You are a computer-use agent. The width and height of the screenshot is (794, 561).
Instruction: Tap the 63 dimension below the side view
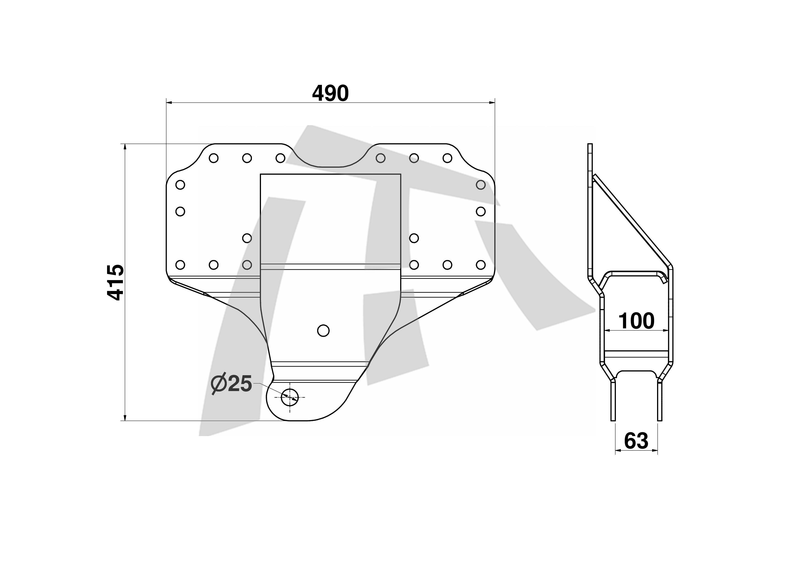(636, 441)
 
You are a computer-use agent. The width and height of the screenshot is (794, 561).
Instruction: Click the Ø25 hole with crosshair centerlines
(290, 397)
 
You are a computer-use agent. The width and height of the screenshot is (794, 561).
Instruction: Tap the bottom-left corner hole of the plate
(180, 265)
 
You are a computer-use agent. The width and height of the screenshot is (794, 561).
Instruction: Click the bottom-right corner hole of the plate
(481, 265)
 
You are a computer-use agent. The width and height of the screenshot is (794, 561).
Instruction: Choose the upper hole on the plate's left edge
(180, 185)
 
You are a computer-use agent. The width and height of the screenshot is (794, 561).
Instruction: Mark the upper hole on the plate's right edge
(481, 185)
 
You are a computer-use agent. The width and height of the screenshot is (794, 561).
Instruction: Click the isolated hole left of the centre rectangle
(247, 238)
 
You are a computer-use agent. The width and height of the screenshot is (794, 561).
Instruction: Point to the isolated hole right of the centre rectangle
(414, 238)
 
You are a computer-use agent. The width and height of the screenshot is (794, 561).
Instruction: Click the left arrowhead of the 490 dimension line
(170, 102)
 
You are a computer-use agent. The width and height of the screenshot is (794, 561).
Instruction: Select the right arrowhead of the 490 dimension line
(492, 102)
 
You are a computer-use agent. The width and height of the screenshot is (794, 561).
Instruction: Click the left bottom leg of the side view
(613, 401)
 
